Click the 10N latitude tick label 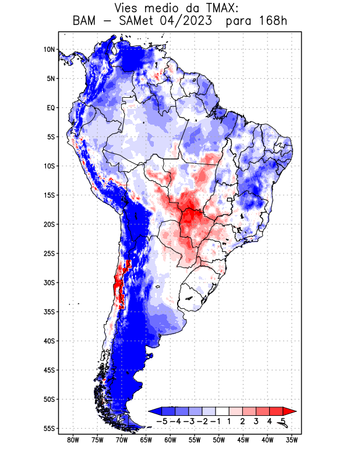(49, 50)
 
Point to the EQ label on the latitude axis (50, 108)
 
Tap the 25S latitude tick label (49, 253)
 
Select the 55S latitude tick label (49, 428)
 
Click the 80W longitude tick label (73, 440)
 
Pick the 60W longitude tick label (170, 440)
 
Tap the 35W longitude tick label (292, 440)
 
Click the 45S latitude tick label (49, 370)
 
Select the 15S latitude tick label (49, 195)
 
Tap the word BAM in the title (85, 22)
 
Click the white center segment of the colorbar (222, 411)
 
